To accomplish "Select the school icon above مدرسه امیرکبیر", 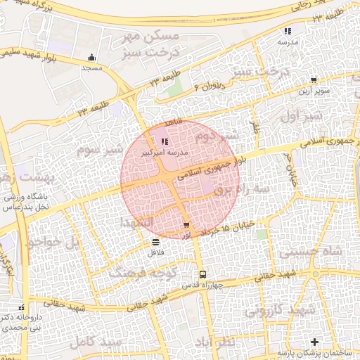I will click(165, 142).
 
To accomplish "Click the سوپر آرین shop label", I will click(314, 91).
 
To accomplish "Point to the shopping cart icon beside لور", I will click(186, 225).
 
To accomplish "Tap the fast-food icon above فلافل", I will click(155, 243).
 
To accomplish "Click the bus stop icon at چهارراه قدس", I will click(202, 274).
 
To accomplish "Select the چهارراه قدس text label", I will click(202, 285).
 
